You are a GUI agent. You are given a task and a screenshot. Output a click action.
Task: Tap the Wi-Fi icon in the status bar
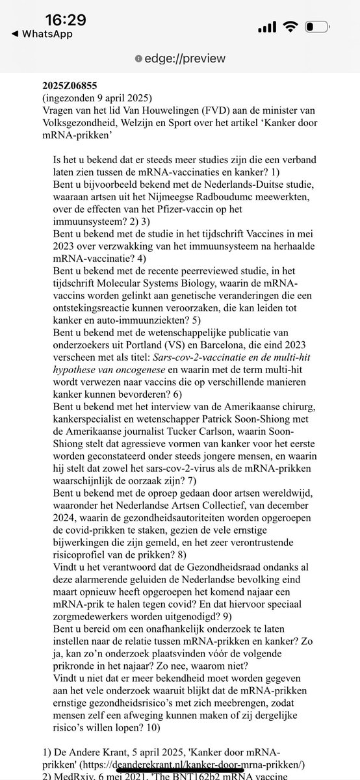click(x=290, y=28)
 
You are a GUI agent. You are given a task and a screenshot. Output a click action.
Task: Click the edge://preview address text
click(x=184, y=58)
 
